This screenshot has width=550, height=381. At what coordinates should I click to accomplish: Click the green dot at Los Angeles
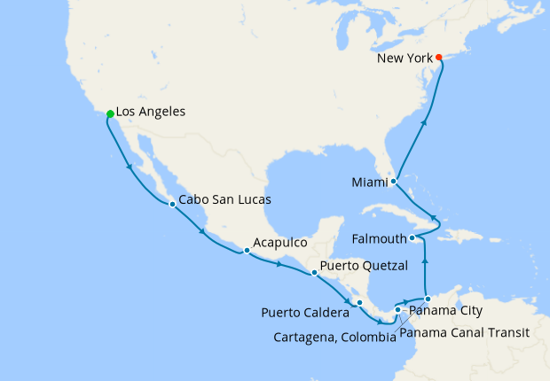tap(109, 113)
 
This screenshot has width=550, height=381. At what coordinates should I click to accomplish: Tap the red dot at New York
tap(439, 58)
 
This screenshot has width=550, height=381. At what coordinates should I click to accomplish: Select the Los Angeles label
tap(151, 113)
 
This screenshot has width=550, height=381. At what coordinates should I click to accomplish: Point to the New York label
tap(405, 58)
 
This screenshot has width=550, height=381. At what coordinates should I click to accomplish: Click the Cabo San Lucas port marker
tap(172, 205)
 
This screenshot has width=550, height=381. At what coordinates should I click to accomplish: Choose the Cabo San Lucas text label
tap(225, 200)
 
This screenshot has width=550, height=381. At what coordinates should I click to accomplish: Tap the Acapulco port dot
tap(247, 251)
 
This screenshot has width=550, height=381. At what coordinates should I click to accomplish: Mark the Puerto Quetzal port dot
tap(314, 273)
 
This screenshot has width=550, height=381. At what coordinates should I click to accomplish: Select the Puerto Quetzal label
tap(364, 265)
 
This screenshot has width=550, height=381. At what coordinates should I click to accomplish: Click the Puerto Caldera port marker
tap(359, 303)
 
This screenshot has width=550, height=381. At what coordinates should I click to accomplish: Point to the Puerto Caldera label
tap(305, 313)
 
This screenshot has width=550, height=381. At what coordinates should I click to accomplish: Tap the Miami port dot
tap(393, 181)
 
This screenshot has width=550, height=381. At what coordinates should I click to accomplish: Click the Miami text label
tap(370, 183)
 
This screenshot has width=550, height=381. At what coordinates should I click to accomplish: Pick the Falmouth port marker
tap(412, 238)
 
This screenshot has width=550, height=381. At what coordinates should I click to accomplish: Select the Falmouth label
tap(380, 239)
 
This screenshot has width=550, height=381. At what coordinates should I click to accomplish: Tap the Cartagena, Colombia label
tap(334, 337)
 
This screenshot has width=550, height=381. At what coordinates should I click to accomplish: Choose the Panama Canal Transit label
tap(464, 333)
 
